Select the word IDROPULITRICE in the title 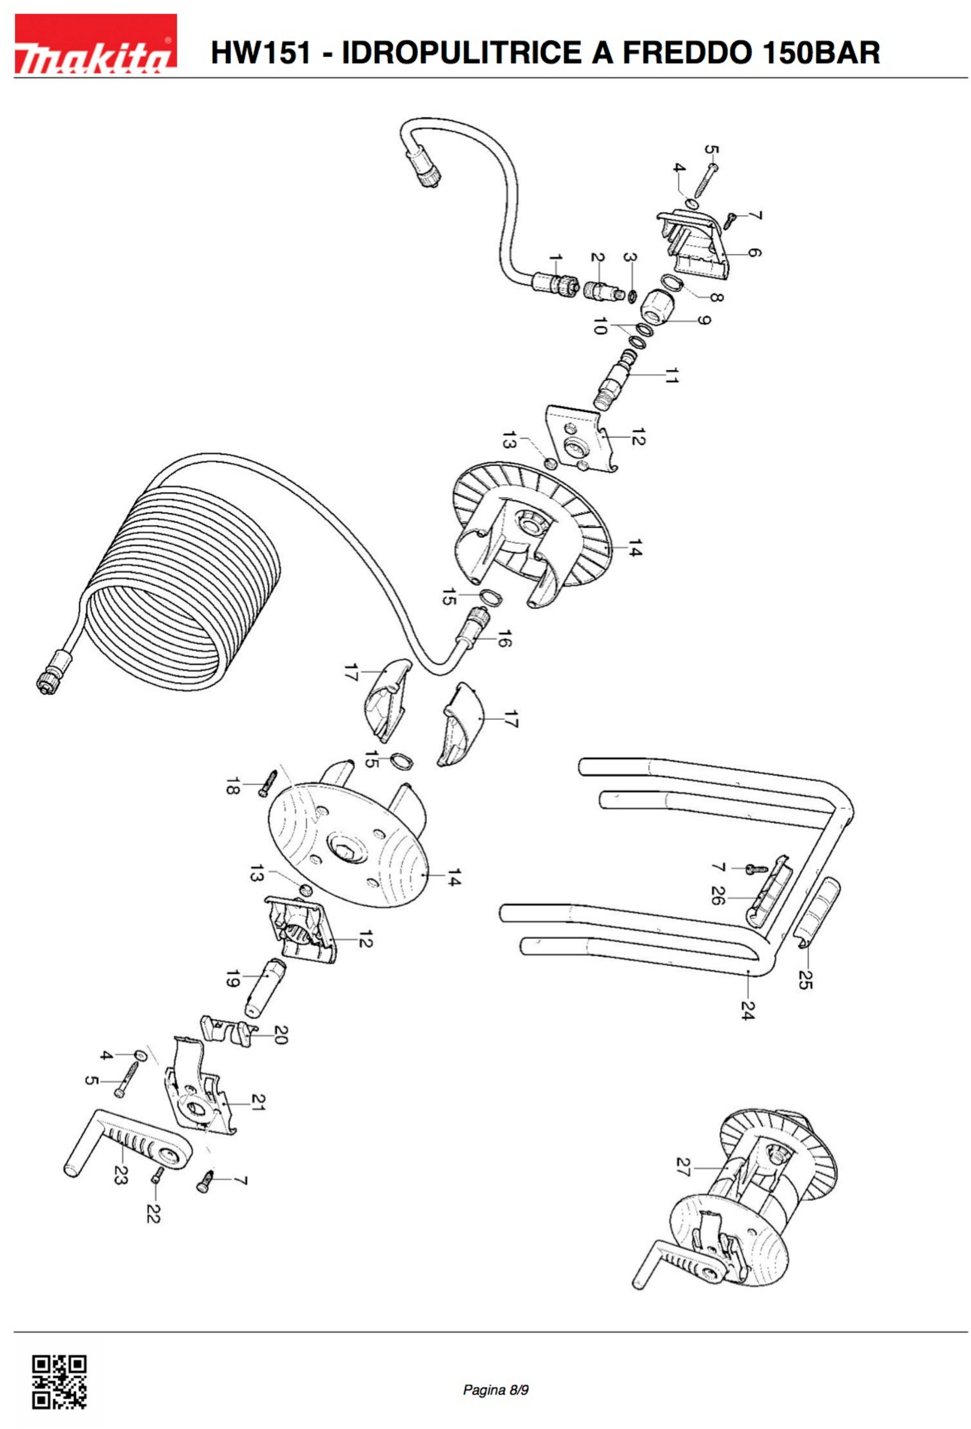pos(462,52)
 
